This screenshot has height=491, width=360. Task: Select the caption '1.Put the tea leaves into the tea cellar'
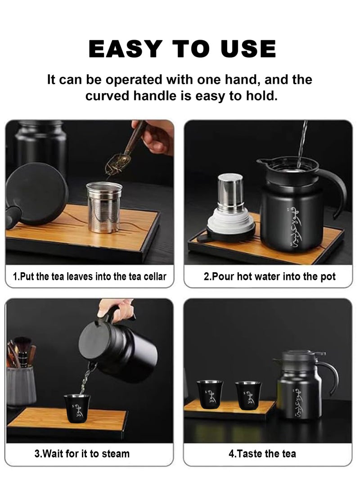pyautogui.click(x=90, y=276)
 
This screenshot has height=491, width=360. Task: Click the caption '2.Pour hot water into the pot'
pyautogui.click(x=269, y=276)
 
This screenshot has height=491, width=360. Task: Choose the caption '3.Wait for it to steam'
pyautogui.click(x=82, y=454)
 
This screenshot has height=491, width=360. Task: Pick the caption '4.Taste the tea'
pyautogui.click(x=262, y=454)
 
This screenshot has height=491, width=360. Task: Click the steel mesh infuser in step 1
pyautogui.click(x=104, y=207)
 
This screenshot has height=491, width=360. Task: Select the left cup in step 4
pyautogui.click(x=209, y=394)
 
